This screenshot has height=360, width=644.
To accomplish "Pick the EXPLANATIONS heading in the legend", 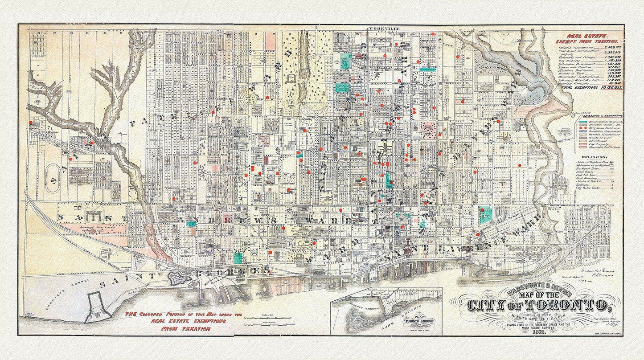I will tap(598, 157).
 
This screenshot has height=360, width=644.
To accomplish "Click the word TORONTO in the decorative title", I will tap(563, 307).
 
